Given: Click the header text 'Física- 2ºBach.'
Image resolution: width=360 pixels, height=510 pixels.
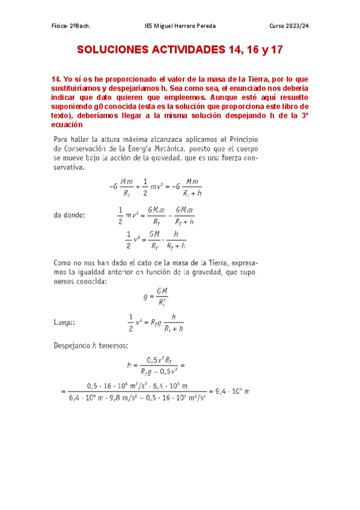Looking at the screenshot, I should [72, 26].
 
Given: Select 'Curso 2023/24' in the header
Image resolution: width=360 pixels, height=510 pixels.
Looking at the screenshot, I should [288, 26].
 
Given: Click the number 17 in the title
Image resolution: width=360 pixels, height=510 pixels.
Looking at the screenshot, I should [276, 50].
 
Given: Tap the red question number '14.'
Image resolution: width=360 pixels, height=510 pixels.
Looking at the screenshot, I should [56, 79].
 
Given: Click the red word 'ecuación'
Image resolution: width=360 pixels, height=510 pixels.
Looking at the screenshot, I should [67, 124].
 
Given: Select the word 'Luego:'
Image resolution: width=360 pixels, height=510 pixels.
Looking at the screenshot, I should [64, 322].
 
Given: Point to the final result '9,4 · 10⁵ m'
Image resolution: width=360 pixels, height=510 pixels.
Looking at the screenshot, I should [232, 392].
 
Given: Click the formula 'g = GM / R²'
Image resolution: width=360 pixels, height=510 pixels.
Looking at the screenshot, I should [156, 295].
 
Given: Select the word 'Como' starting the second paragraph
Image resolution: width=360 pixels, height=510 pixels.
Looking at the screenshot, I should [63, 263].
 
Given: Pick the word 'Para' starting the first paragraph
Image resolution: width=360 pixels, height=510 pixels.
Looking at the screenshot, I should [61, 139].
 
